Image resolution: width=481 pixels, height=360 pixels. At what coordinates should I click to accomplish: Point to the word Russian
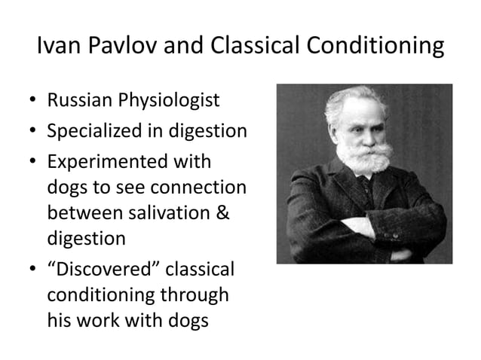pos(75,100)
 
